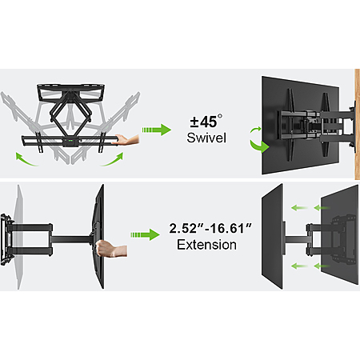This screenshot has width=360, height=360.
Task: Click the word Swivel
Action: point(206,138)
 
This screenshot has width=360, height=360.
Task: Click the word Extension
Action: point(206,245)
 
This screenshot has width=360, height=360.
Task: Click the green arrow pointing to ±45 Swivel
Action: point(156,130)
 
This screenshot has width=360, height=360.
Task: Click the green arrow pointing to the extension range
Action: point(145,234)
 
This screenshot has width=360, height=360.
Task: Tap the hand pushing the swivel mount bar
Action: point(126,140)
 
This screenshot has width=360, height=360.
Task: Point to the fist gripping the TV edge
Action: point(111,248)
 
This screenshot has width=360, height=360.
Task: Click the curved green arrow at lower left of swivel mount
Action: point(26,160)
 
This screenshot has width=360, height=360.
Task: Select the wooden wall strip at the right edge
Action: point(357,124)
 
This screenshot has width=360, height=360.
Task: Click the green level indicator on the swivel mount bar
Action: point(70,141)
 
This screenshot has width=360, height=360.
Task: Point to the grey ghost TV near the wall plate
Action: point(19,237)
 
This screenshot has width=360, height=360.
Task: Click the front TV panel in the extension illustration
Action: point(272,237)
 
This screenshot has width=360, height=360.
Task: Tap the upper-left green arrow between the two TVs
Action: point(299,207)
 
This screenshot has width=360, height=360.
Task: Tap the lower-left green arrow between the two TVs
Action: point(299,266)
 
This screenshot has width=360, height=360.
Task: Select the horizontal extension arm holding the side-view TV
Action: point(72,239)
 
